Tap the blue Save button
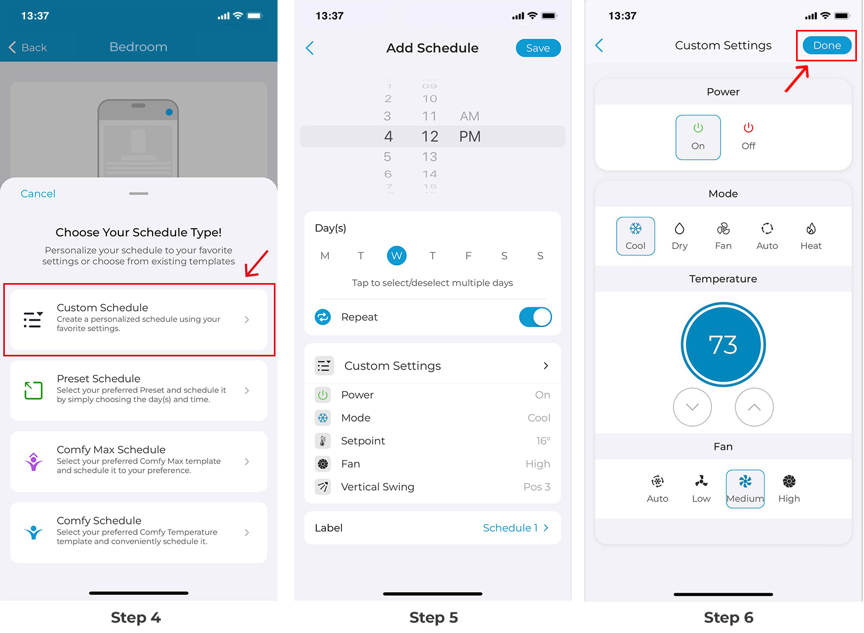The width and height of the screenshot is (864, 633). tap(537, 48)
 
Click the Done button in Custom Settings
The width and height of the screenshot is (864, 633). tap(826, 46)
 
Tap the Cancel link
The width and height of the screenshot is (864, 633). tap(38, 194)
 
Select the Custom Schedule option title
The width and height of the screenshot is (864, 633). tap(102, 308)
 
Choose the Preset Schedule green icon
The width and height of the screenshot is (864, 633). tap(33, 390)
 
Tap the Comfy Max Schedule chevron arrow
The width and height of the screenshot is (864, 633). tap(247, 461)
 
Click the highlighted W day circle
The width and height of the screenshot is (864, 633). tap(397, 255)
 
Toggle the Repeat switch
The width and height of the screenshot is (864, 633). tap(535, 317)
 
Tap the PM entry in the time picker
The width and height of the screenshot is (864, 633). tap(469, 136)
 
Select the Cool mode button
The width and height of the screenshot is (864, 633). tap(635, 236)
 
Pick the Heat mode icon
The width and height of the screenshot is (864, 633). tap(811, 229)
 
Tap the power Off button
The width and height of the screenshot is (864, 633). tap(748, 136)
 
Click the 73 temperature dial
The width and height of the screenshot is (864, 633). tap(723, 344)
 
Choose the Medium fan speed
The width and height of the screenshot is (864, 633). tap(745, 488)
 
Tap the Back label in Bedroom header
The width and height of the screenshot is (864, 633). tap(34, 48)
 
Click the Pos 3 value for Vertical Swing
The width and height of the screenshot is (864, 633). tap(536, 487)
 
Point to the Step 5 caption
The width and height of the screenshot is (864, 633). tap(433, 617)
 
